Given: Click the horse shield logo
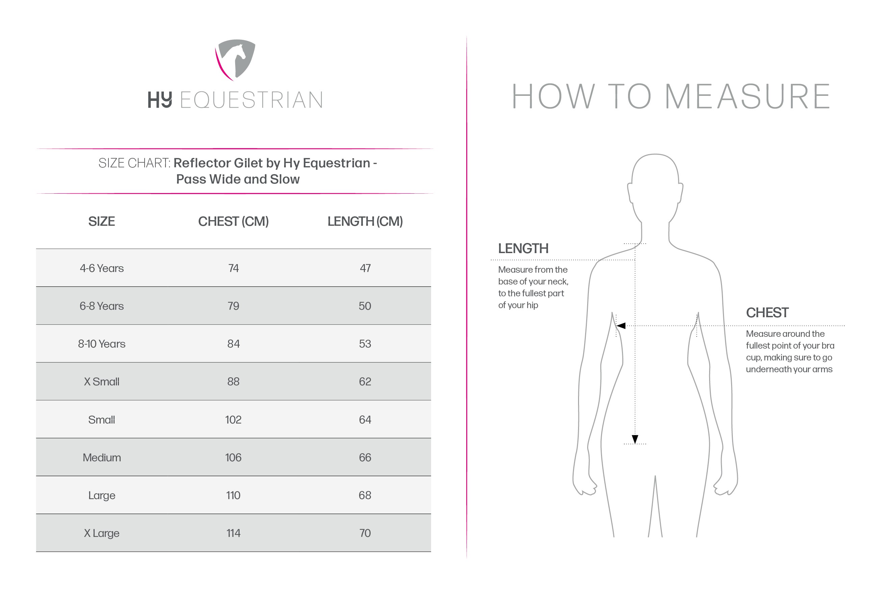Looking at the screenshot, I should click(235, 59).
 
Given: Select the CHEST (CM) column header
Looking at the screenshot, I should click(233, 221).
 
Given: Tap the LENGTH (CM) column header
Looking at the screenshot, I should click(365, 221).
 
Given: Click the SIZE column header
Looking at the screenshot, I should click(102, 221).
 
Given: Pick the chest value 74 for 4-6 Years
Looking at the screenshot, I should click(233, 268).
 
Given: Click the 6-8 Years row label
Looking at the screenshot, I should click(102, 306).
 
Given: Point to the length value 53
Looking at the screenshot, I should click(365, 344).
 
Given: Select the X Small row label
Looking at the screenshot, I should click(102, 382).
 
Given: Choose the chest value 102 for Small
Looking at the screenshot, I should click(233, 419).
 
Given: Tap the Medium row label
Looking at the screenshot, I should click(102, 458).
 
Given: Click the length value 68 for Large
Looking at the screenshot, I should click(365, 495).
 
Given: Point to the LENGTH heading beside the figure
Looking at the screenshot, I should click(523, 249).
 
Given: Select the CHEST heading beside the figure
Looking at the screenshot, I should click(767, 312).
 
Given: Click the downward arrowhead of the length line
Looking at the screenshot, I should click(635, 439).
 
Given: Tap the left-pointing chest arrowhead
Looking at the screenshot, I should click(621, 326).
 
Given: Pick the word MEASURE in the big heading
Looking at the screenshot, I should click(747, 97).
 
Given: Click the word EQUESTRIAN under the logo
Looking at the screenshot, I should click(252, 100).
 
